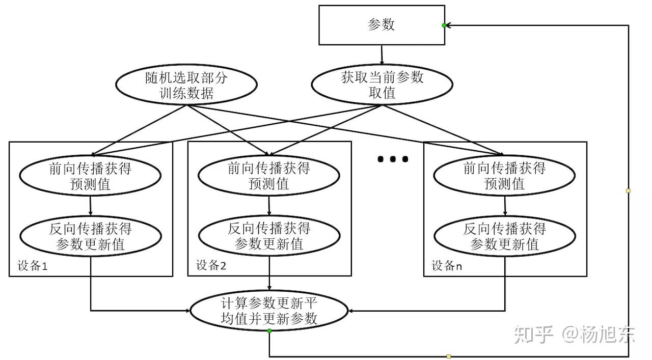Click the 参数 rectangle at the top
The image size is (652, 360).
coord(382,25)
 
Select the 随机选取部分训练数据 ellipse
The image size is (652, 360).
coord(185,86)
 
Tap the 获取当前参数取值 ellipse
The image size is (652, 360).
coord(382,85)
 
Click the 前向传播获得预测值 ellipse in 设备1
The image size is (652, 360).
coord(90,176)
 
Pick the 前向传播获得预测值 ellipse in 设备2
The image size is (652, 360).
coord(268,176)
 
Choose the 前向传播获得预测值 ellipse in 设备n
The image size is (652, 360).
coord(504,176)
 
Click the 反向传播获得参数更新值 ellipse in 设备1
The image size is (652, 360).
coord(90,237)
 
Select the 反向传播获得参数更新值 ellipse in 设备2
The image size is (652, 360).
coord(268,237)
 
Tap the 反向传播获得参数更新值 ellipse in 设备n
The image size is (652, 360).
coord(504,237)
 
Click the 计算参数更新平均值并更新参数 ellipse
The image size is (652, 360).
coord(268,311)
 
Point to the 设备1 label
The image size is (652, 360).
coord(33,266)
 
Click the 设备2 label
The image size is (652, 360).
coord(211,266)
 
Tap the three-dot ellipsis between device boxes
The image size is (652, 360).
coord(392,159)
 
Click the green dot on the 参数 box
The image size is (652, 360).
coord(444,25)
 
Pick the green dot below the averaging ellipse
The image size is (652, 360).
coord(269,331)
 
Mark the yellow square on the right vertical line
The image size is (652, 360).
coord(628,191)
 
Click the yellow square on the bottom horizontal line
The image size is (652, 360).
coord(448,356)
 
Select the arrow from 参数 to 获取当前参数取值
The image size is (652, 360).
coord(382,57)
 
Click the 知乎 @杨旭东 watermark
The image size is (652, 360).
coord(575,335)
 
